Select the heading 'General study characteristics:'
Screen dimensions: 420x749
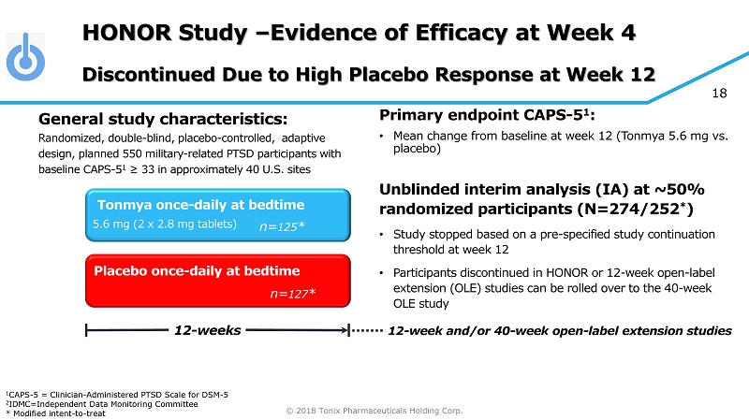(162, 120)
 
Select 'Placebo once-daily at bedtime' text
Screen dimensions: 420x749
(198, 271)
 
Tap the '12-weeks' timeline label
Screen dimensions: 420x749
(207, 330)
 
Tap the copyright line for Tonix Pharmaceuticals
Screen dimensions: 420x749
(374, 410)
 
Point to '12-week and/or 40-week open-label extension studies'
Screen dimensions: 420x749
(559, 330)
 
